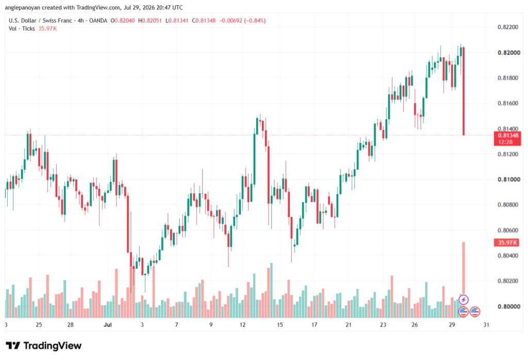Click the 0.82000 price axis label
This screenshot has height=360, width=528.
pos(508,53)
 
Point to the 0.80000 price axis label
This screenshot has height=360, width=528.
pos(508,306)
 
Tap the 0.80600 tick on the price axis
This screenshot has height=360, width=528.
pos(508,231)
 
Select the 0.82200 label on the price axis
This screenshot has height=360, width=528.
pos(508,27)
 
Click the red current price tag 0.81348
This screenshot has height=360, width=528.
pos(507,139)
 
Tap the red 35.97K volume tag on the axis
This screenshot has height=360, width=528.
pos(506,242)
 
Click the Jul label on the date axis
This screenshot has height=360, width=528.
pos(108,324)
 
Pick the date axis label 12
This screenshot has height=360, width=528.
pos(242,324)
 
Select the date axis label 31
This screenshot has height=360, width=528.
pos(486,324)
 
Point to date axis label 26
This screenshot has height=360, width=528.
pos(415,324)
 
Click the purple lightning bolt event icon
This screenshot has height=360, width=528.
pos(464,299)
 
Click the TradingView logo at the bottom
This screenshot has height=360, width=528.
pos(44,346)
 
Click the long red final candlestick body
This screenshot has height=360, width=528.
pos(464,91)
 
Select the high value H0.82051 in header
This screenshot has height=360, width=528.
pos(150,21)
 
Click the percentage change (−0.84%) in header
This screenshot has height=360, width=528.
pos(255,21)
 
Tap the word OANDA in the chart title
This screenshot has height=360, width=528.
pos(98,21)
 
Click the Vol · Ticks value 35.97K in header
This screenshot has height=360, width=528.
pos(47,29)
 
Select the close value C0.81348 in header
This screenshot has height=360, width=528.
pos(204,21)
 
